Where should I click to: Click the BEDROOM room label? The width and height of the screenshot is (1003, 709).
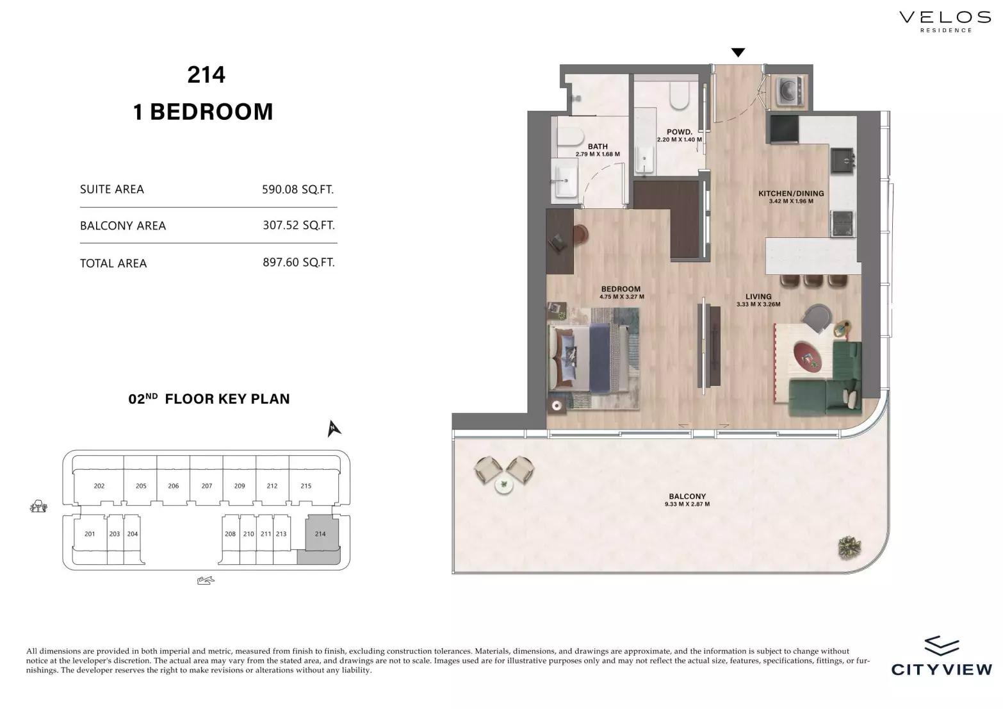621,289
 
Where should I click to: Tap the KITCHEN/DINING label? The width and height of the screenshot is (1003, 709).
791,194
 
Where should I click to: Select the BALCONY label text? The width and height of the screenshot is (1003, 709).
687,496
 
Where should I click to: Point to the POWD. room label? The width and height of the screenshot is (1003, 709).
680,132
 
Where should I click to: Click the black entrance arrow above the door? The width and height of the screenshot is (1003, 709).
738,53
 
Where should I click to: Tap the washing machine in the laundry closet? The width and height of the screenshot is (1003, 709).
790,91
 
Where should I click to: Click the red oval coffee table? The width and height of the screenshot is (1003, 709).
808,356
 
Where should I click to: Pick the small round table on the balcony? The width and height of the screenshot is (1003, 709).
504,486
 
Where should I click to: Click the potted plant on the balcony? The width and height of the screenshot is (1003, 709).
849,547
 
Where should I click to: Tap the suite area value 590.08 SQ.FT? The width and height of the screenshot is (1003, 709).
298,189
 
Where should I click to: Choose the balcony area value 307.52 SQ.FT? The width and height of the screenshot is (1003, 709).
298,225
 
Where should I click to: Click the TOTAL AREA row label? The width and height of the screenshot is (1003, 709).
113,263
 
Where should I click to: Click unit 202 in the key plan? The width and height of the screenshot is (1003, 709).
99,486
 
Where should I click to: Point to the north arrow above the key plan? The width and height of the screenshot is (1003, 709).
333,428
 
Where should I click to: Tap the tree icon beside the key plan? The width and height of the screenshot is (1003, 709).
38,506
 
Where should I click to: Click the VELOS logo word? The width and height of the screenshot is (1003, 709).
945,17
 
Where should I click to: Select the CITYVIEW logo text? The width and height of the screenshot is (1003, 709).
942,669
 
